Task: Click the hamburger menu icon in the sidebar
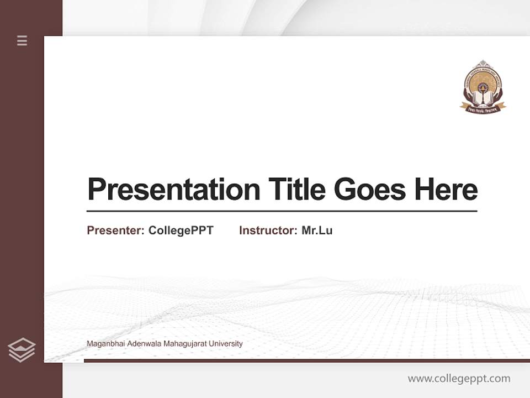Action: tap(22, 40)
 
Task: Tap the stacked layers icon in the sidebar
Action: tap(22, 350)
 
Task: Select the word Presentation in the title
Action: tap(173, 190)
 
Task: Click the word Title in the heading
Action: tap(296, 190)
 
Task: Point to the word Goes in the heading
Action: tap(370, 190)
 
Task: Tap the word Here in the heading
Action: tap(446, 190)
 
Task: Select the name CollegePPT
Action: tap(181, 231)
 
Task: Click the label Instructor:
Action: tap(268, 231)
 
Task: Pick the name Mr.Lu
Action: tap(317, 231)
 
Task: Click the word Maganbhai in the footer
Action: tap(105, 344)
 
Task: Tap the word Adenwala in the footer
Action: tap(143, 344)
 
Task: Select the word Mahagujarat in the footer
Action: tap(183, 344)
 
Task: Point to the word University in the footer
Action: tap(225, 344)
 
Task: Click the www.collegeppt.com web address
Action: tap(459, 379)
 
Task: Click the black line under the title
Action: tap(282, 211)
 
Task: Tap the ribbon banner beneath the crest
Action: tap(483, 108)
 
